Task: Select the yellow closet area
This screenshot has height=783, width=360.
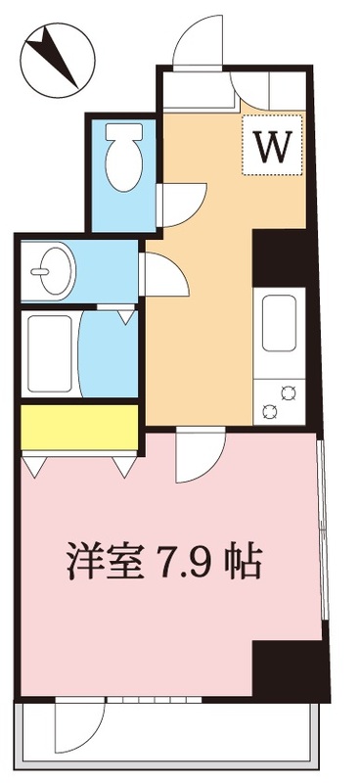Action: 78,425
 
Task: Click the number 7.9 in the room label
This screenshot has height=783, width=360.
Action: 177,561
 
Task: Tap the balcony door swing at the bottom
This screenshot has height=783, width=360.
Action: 78,724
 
